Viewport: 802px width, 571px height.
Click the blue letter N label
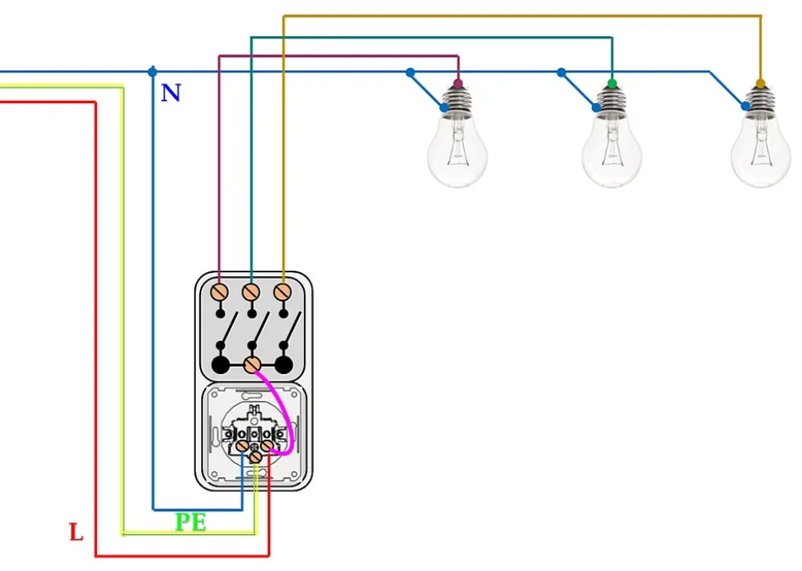point(171,93)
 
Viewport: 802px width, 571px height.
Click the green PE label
point(191,522)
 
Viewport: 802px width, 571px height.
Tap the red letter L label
point(76,532)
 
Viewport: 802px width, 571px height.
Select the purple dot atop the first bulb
point(458,83)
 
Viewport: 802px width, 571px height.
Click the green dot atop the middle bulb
point(612,84)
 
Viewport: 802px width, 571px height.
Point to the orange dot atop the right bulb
point(760,83)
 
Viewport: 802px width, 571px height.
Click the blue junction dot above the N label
point(153,72)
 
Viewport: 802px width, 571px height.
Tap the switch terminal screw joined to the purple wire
point(219,293)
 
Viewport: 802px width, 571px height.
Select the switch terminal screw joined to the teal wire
point(251,293)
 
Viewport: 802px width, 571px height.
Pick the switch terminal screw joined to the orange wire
point(283,293)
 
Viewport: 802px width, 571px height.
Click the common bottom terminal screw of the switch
point(252,365)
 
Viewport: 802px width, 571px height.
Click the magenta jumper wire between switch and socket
point(285,408)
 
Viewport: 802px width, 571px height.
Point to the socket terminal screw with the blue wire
point(243,447)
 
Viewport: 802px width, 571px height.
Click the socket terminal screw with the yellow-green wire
point(256,457)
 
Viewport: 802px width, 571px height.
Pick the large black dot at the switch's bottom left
point(220,366)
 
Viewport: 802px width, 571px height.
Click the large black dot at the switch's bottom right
point(284,366)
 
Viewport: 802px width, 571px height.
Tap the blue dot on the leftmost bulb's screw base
point(445,108)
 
